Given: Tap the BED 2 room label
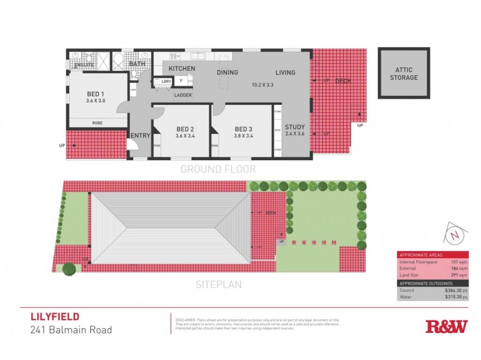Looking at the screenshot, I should pyautogui.click(x=185, y=129).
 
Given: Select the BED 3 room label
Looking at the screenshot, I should pyautogui.click(x=243, y=129).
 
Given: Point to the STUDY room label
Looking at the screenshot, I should pyautogui.click(x=295, y=127).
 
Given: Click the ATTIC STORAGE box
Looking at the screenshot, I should pyautogui.click(x=403, y=73).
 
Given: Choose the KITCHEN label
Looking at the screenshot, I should pyautogui.click(x=181, y=68).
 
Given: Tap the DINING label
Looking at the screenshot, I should pyautogui.click(x=227, y=73).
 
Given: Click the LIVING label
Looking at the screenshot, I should pyautogui.click(x=286, y=73).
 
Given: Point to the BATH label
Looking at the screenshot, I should pyautogui.click(x=137, y=64).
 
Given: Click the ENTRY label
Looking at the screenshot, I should pyautogui.click(x=139, y=136).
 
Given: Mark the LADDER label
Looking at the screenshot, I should pyautogui.click(x=183, y=95).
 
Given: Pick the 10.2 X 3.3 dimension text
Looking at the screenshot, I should pyautogui.click(x=262, y=85).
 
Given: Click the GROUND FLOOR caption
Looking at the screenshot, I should pyautogui.click(x=218, y=169).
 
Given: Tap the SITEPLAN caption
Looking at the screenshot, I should pyautogui.click(x=218, y=284).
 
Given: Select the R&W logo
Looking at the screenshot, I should pyautogui.click(x=446, y=326).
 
